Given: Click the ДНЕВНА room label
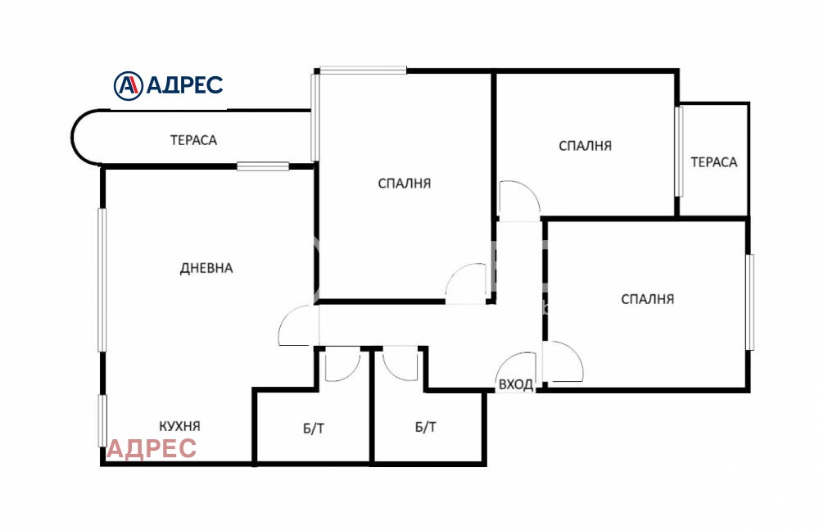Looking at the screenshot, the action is (206, 268).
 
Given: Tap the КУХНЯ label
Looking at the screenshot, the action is (179, 426).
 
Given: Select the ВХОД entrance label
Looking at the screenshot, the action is (516, 384).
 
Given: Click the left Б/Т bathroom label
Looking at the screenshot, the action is (314, 429).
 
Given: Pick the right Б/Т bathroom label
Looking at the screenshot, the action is (426, 427).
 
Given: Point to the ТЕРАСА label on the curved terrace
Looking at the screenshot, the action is (193, 140).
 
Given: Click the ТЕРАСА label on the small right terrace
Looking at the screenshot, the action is (714, 162).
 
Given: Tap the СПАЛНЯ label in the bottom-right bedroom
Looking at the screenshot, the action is (648, 299).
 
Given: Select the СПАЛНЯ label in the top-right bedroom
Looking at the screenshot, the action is (585, 146).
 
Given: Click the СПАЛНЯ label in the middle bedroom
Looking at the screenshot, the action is (405, 184).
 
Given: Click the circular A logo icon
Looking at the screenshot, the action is (128, 86).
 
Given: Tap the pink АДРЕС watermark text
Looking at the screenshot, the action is (152, 448).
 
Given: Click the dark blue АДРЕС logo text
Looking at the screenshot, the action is (184, 85).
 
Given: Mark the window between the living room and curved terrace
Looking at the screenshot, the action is (263, 166).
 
